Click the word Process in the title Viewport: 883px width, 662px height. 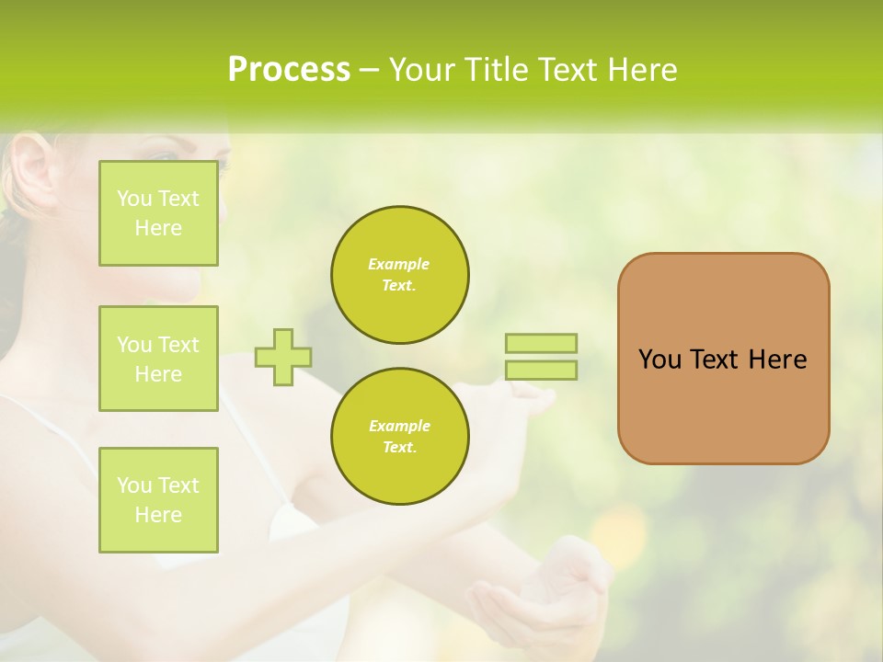289,70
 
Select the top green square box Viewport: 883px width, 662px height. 158,213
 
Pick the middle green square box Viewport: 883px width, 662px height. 158,359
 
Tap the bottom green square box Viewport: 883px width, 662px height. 158,500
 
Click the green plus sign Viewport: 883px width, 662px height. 283,357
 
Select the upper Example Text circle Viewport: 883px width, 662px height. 399,275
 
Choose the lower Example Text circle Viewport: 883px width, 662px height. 399,437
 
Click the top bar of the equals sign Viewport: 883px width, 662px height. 541,344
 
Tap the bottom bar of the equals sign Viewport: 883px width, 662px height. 541,370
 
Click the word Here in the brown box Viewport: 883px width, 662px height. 777,360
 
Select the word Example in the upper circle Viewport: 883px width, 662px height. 398,264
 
